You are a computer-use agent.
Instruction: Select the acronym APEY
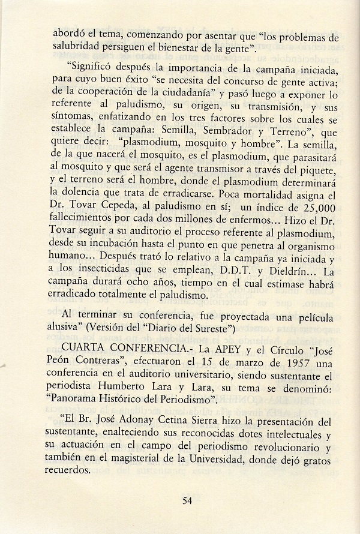point(197,349)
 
